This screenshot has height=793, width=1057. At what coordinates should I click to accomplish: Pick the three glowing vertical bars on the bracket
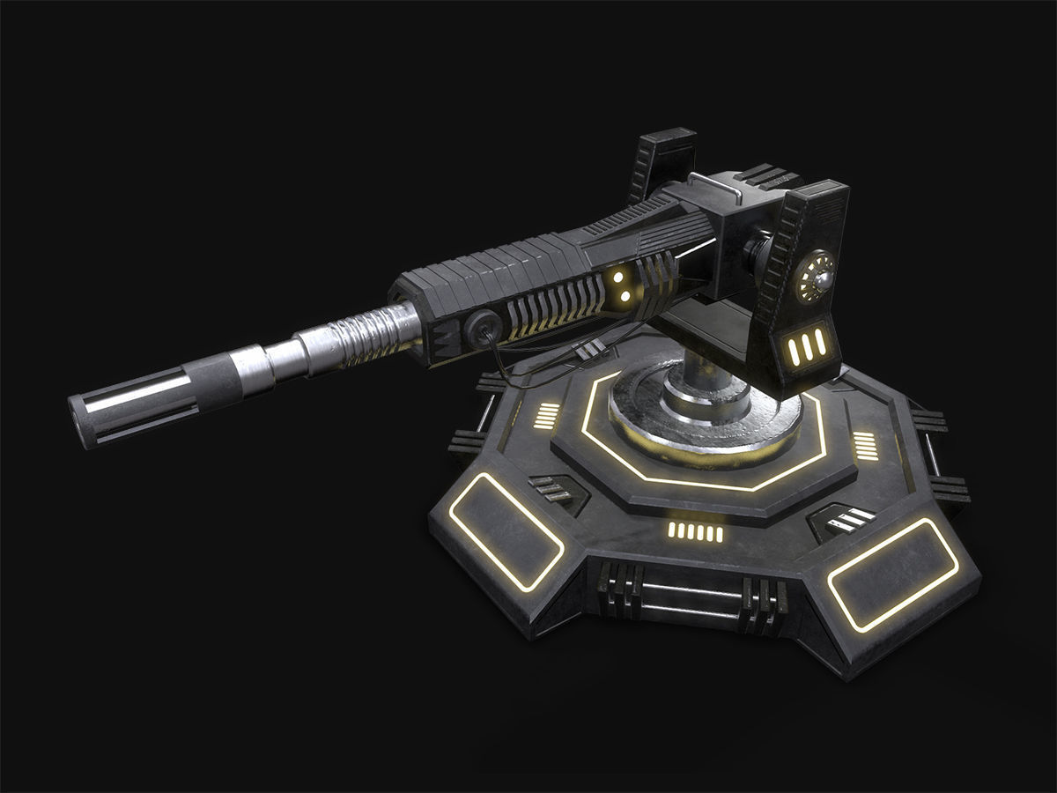pyautogui.click(x=806, y=349)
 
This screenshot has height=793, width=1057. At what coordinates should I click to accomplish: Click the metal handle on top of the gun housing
pyautogui.click(x=712, y=182)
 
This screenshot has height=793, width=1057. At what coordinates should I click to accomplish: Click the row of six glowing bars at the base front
pyautogui.click(x=696, y=531)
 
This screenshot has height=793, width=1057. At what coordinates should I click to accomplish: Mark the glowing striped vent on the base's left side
pyautogui.click(x=547, y=414)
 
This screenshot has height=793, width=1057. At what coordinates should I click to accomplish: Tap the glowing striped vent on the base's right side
pyautogui.click(x=865, y=446)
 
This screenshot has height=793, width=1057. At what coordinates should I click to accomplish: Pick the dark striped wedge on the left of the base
pyautogui.click(x=556, y=488)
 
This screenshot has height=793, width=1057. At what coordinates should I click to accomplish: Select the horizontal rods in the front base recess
pyautogui.click(x=691, y=599)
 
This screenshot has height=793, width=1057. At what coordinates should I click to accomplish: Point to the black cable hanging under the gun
pyautogui.click(x=528, y=370)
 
